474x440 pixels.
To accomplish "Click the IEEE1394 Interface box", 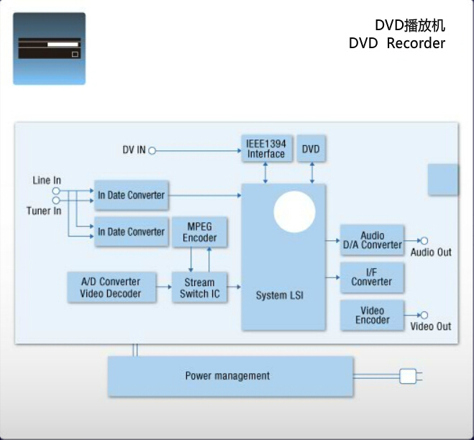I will pos(266,149).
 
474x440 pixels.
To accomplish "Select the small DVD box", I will pos(311,149).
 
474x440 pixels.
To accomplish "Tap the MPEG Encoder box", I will pos(199,232).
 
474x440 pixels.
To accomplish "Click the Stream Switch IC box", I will pos(199,288).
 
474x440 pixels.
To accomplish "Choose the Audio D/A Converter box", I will pos(372,240).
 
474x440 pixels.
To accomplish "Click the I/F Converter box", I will pos(372,277).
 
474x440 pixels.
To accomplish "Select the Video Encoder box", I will pos(372,316).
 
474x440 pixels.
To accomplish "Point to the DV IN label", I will pos(134,150).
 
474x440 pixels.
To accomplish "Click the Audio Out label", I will pos(431,252).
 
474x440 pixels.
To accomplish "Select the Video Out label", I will pos(431,326).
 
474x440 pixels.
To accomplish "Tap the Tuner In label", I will pos(44,211).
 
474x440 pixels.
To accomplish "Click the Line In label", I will pos(47,180).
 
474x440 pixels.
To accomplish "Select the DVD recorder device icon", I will pos(49,48).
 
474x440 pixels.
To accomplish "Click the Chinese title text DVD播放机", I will pos(410,25).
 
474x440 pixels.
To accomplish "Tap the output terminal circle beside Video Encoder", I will pos(424,315).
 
